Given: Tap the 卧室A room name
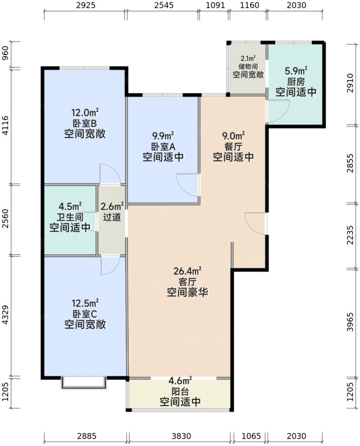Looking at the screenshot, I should point(163,146).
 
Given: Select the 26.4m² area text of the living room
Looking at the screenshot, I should point(187,271).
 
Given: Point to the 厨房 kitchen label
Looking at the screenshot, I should point(296,82).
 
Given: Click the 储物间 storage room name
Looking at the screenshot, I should point(248,66).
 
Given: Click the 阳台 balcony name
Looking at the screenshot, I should point(180,391).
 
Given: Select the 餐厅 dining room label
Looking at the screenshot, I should point(233,146).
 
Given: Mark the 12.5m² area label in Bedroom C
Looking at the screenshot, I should point(85,302).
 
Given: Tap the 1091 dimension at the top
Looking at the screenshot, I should point(214,6).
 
